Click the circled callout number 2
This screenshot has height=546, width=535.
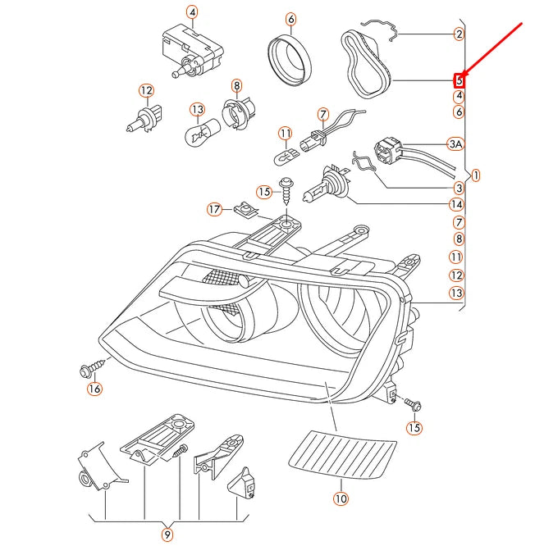point(459,34)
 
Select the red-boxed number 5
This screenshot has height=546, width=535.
point(460,80)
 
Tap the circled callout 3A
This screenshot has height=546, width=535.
point(456,144)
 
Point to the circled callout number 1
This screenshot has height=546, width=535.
point(477,175)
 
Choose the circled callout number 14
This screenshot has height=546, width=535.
point(456,204)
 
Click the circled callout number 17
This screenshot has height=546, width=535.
point(214,209)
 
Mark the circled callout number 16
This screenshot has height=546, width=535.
point(94,389)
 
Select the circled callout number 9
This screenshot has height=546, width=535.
point(167,535)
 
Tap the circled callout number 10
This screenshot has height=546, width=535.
point(341,498)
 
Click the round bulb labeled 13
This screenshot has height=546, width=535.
point(197,130)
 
